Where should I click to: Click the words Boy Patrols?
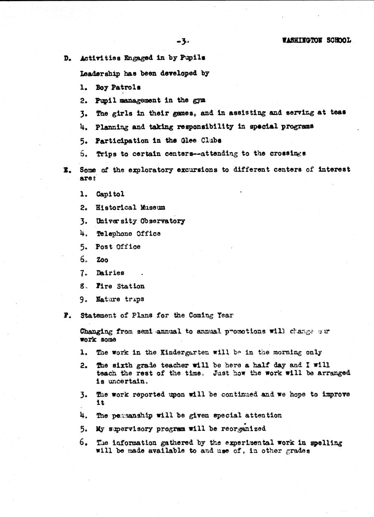tap(118, 88)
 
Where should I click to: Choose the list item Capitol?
tap(110, 194)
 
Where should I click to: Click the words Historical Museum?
tap(130, 208)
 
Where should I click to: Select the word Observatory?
tap(162, 221)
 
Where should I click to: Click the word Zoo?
tap(102, 260)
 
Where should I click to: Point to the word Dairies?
tap(110, 273)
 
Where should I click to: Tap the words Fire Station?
tap(120, 286)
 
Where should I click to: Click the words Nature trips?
tap(120, 299)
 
